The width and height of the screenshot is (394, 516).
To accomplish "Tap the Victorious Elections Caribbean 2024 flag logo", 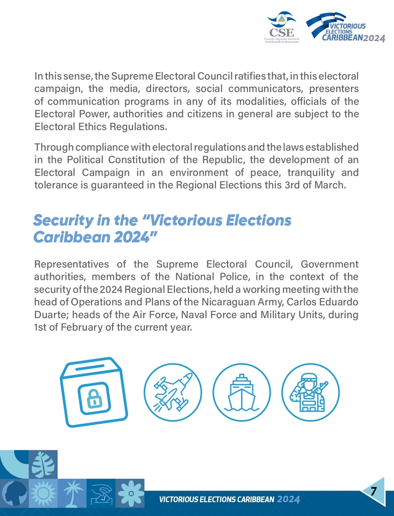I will pyautogui.click(x=345, y=27).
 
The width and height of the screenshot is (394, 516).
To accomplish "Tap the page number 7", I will pyautogui.click(x=373, y=491).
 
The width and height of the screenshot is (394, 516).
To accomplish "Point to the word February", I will pyautogui.click(x=80, y=328).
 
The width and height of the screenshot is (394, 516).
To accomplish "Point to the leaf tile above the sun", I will pyautogui.click(x=43, y=464).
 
